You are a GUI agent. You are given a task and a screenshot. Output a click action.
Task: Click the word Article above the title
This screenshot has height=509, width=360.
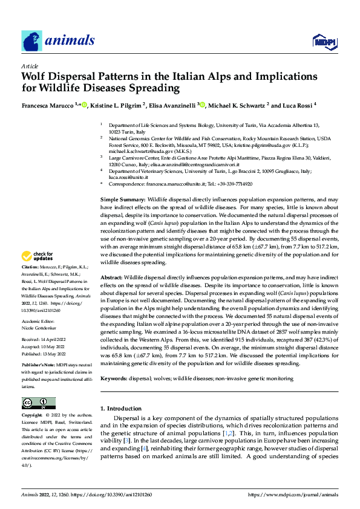tap(30, 66)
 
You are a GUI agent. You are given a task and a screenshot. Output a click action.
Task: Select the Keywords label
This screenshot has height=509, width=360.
tap(113, 378)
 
